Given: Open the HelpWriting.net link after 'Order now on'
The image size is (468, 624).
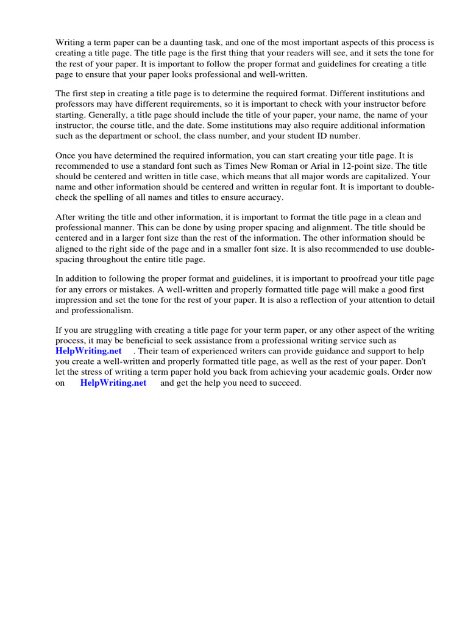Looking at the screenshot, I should tap(113, 383).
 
